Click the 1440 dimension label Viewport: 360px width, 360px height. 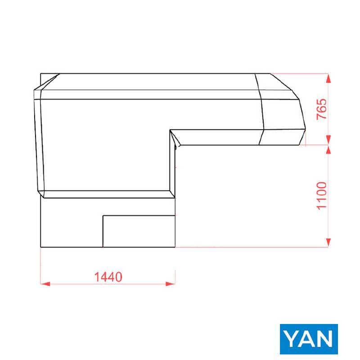coord(108,277)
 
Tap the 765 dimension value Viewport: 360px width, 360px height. coord(321,109)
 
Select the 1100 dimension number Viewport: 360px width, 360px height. coord(321,196)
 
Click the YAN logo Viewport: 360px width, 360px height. coord(309,339)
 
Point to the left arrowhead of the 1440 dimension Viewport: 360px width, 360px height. coord(45,284)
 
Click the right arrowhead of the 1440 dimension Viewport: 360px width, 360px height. coord(171,284)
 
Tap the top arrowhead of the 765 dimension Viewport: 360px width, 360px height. coord(328,78)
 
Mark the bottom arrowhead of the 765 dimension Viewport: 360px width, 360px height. coord(328,140)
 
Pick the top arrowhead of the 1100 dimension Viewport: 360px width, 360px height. coord(328,150)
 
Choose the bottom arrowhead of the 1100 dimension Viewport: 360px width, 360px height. coord(328,243)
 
